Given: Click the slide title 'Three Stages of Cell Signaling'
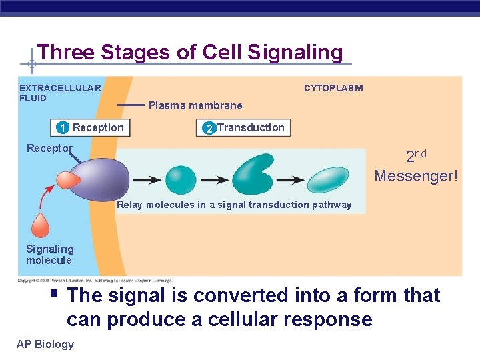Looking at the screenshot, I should [190, 52].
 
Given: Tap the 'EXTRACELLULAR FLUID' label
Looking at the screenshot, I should [60, 93].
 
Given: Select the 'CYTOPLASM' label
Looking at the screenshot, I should [333, 88].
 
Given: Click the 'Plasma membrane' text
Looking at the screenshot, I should [195, 105].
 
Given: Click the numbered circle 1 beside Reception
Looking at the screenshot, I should [62, 128].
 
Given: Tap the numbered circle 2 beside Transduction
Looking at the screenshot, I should [209, 128].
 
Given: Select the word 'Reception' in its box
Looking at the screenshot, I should [98, 127].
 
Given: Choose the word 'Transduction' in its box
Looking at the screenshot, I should [251, 127].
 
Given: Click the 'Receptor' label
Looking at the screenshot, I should [49, 148].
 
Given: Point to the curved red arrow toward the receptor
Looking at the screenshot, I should [49, 197].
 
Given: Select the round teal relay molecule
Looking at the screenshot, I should [181, 179].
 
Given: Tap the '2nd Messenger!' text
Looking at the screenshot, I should [416, 167].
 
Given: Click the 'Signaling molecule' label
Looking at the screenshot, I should [50, 254].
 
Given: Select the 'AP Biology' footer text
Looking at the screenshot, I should [46, 344].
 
